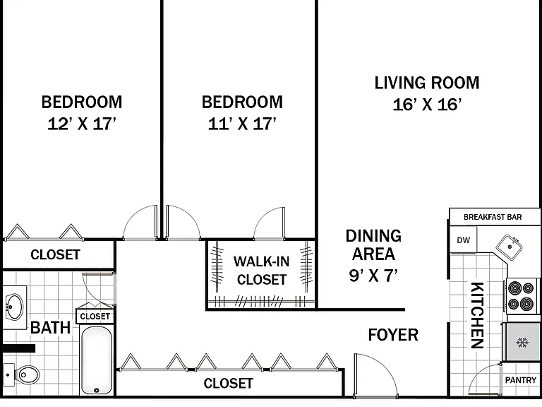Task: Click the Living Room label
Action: [x=427, y=83]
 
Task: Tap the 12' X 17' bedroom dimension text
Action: [x=82, y=124]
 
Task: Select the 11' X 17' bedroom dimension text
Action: [x=242, y=124]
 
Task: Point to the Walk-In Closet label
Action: [x=261, y=271]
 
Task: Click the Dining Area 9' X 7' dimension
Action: [x=373, y=276]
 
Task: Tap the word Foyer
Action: [x=393, y=335]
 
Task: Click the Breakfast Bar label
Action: [x=493, y=217]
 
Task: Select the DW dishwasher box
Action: [x=463, y=240]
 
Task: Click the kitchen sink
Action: [x=510, y=247]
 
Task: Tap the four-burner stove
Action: [x=522, y=296]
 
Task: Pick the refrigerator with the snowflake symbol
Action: [x=522, y=342]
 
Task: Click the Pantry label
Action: [x=521, y=380]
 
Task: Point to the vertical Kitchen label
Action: [x=477, y=315]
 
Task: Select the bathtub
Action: [x=97, y=360]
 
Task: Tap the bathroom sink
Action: [x=15, y=307]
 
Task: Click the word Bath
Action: [x=51, y=327]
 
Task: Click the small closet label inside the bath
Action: [x=95, y=317]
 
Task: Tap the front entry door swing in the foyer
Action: [x=376, y=375]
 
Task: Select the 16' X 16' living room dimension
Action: [x=427, y=105]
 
